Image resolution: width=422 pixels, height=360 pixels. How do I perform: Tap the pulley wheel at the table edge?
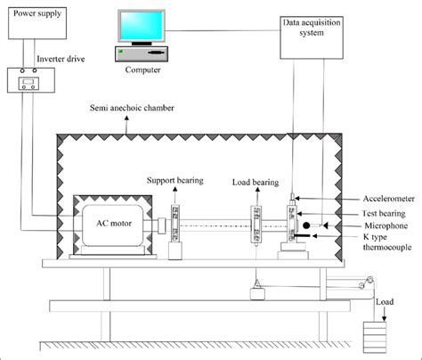364,284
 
